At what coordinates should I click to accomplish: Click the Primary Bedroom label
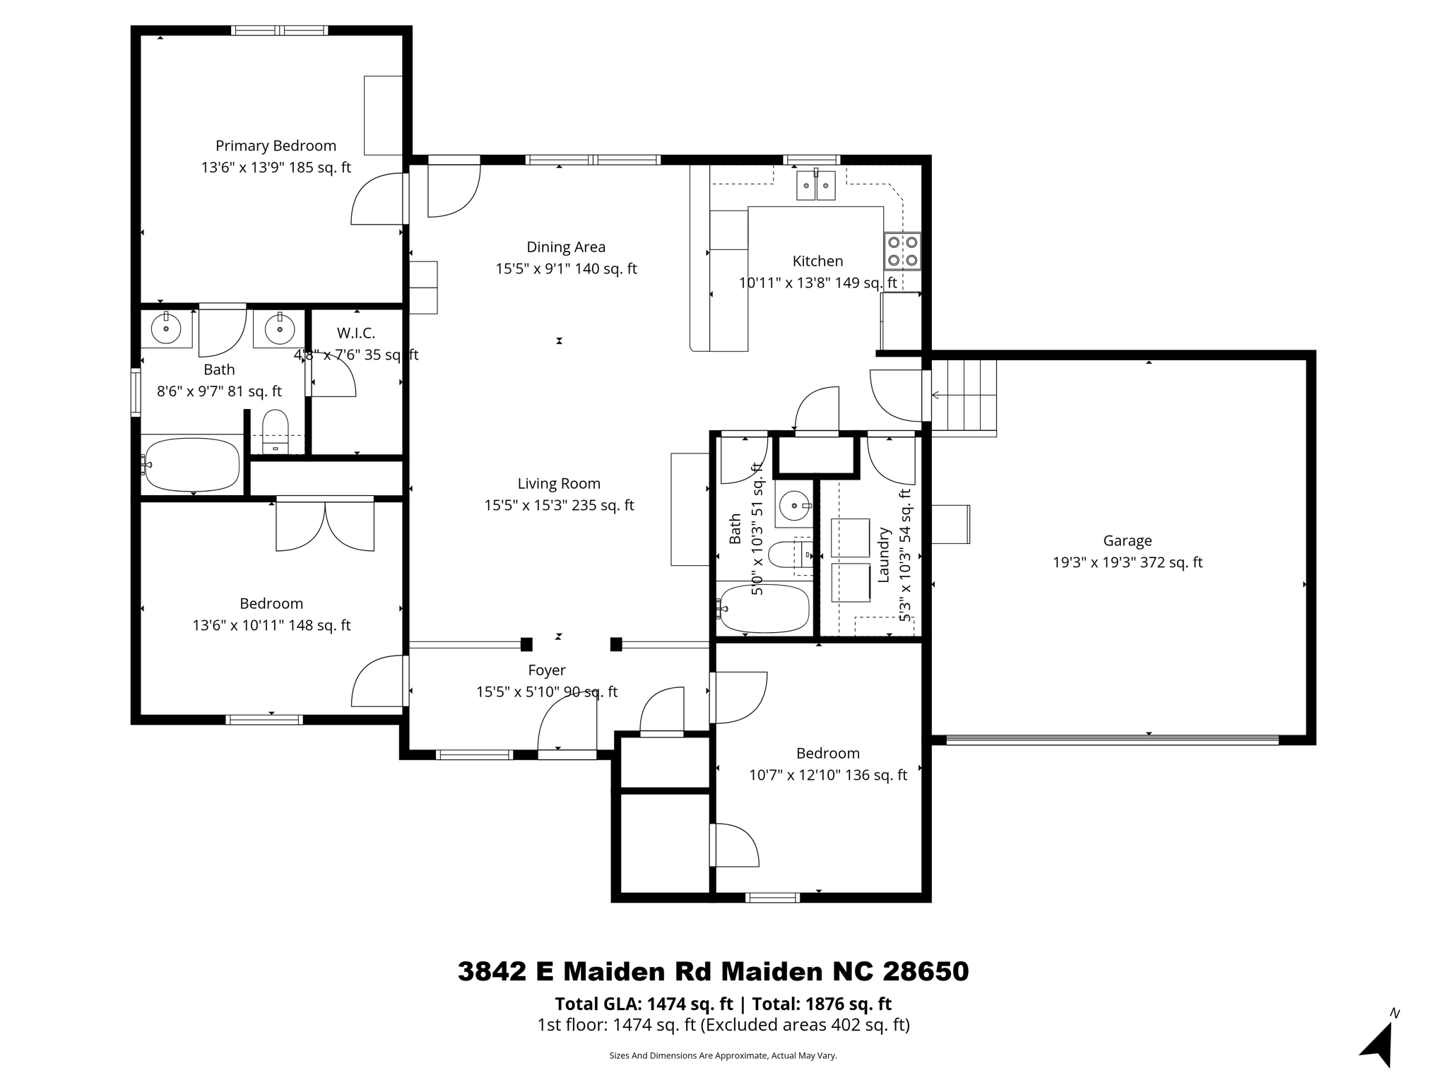pos(276,146)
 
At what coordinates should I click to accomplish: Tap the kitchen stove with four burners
pos(902,251)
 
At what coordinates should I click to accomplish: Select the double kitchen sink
pos(816,186)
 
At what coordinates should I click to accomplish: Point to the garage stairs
pos(964,396)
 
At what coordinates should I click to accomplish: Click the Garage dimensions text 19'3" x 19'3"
pos(1127,563)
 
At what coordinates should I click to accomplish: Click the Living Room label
pos(559,484)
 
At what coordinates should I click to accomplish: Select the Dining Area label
pos(566,247)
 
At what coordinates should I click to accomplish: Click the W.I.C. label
pos(355,333)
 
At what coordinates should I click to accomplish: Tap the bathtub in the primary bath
pos(192,465)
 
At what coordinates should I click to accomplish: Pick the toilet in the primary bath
pos(276,432)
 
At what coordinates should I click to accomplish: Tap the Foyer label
pos(546,670)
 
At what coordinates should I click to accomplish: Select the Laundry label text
pos(883,555)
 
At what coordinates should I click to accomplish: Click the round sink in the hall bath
pos(796,505)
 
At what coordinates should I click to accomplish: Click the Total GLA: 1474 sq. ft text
pos(643,1004)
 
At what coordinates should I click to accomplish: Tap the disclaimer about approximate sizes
pos(723,1055)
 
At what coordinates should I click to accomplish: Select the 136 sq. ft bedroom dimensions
pos(827,776)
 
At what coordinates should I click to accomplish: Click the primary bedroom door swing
pos(378,200)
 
